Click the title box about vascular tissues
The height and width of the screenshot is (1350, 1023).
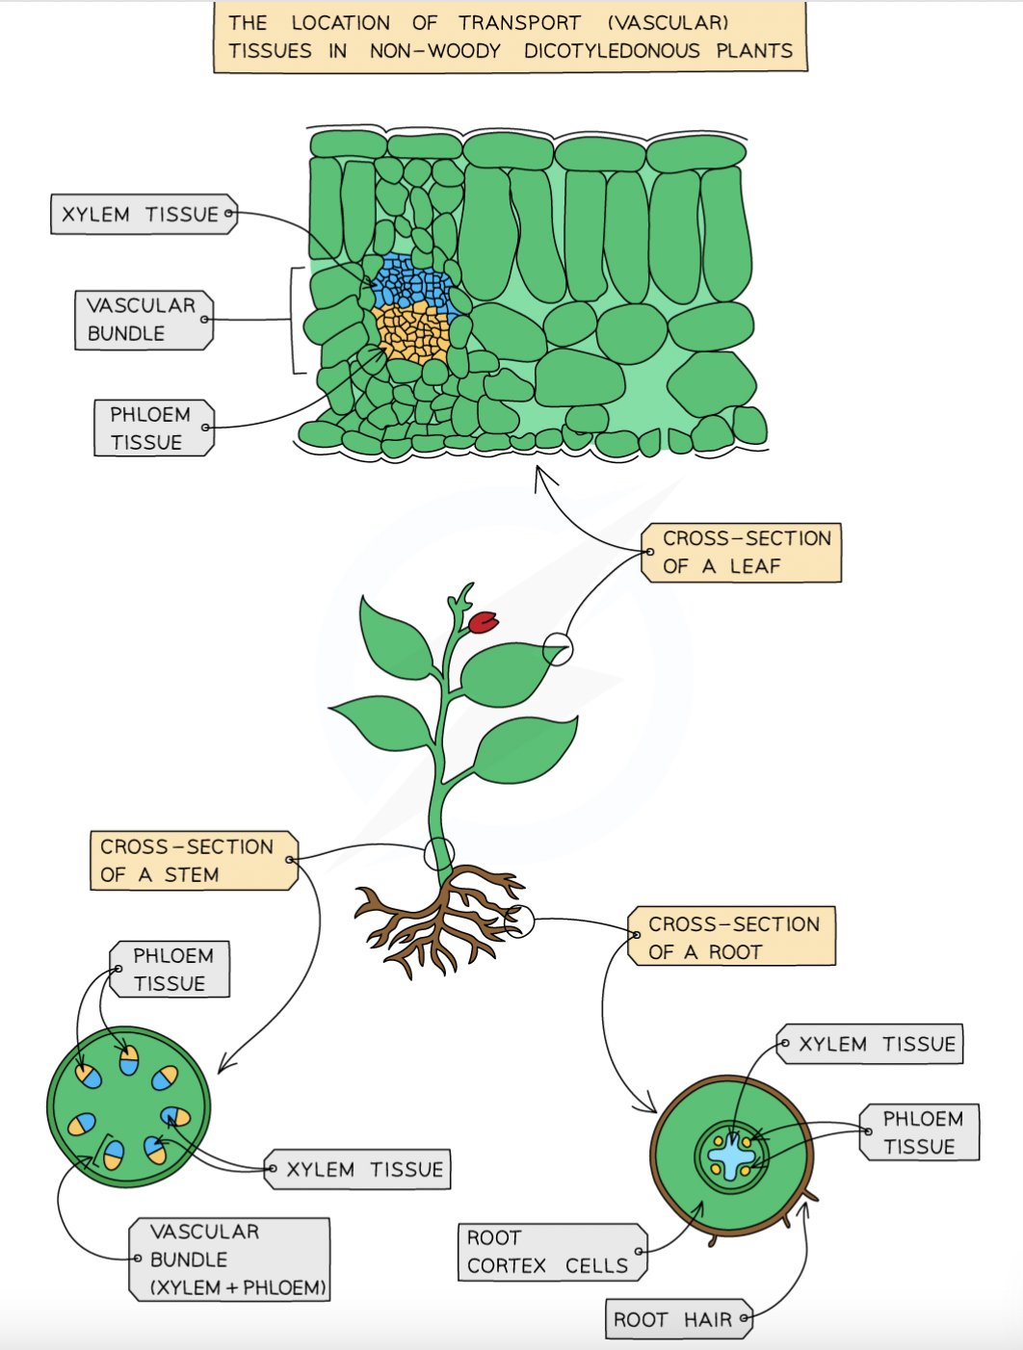(510, 37)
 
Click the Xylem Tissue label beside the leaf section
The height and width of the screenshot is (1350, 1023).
(144, 214)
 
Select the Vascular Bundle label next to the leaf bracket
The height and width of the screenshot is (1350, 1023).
(144, 320)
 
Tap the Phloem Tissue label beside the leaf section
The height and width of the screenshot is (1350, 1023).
(154, 428)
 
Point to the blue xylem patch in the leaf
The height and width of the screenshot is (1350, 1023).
(411, 280)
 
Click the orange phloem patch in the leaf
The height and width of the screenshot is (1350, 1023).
(413, 332)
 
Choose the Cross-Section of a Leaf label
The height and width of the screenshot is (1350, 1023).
(742, 553)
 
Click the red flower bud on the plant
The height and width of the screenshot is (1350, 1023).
(483, 622)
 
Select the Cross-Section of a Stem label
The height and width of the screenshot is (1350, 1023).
(194, 860)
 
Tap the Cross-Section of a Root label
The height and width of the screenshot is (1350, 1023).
(731, 935)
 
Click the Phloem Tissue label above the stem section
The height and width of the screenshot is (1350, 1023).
(170, 969)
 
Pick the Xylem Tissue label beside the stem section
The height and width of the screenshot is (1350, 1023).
(357, 1169)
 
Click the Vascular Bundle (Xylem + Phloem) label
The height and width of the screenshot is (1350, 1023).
(229, 1259)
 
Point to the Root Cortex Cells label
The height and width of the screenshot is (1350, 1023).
(552, 1252)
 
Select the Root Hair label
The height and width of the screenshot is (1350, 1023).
(679, 1318)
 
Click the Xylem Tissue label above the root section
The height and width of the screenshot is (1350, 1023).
(870, 1044)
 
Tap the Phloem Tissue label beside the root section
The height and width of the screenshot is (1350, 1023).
(919, 1132)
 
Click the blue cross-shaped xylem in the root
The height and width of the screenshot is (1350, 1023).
(731, 1156)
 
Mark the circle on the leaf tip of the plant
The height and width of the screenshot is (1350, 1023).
(558, 649)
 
